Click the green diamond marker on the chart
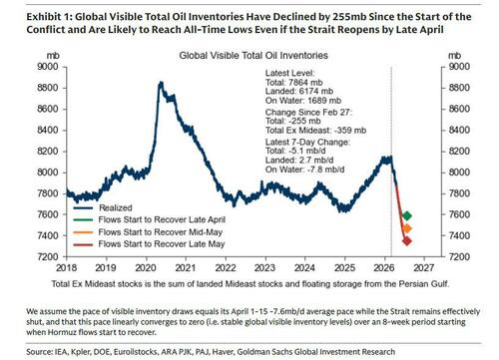pyautogui.click(x=407, y=215)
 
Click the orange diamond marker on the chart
pyautogui.click(x=407, y=229)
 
